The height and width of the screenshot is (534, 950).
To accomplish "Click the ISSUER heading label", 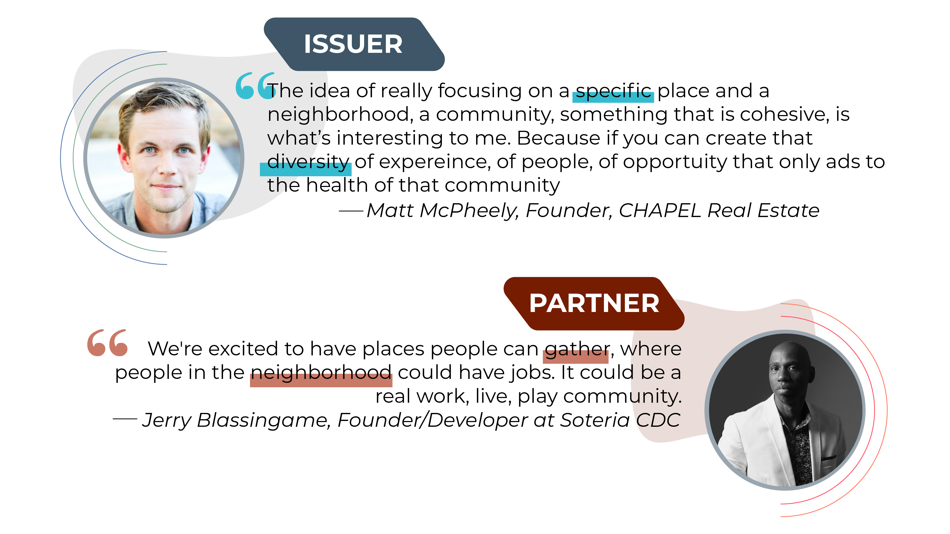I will pos(353,44).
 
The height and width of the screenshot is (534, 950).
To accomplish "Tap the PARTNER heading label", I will pos(594,303).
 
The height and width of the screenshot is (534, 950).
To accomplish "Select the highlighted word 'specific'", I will pos(613,91).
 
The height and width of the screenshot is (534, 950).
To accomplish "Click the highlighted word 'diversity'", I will pos(307,162).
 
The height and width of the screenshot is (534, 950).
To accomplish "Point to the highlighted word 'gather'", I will pos(577,349).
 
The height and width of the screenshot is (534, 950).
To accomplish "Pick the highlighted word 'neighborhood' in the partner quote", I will pos(321,373).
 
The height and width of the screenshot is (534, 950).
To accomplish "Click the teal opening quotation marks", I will pos(254,86).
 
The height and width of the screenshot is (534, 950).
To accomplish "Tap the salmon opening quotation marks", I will pos(107,343).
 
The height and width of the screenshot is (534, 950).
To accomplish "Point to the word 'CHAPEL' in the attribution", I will pos(659,211).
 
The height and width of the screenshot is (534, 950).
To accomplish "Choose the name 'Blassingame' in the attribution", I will pos(263,421).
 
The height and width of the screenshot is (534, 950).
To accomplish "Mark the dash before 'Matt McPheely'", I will pos(351,211).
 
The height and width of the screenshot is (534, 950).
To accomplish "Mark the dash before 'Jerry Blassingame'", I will pos(125,419).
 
